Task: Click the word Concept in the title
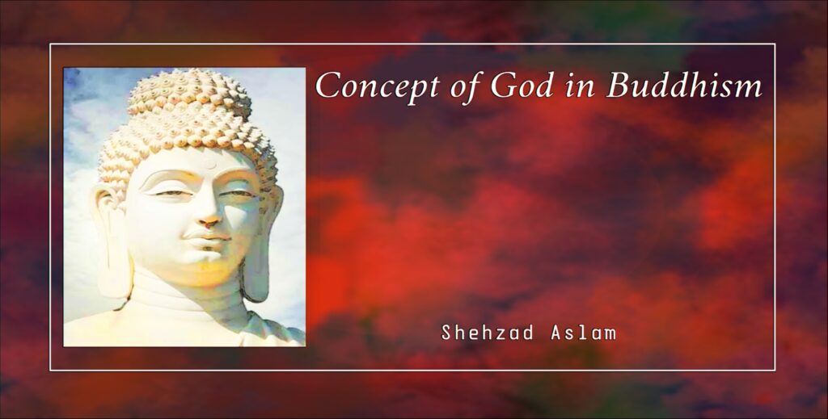377,85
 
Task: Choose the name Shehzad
487,333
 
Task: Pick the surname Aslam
583,333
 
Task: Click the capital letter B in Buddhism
619,85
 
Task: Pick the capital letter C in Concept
329,86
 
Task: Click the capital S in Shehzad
446,333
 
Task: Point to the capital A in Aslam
556,333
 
